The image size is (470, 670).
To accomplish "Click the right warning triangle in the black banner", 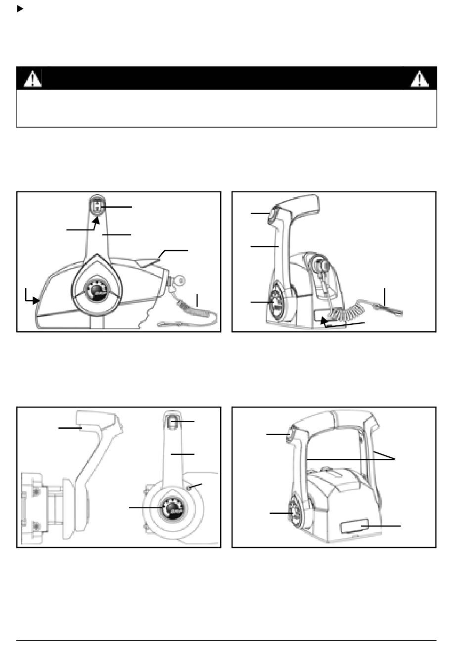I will click(420, 79).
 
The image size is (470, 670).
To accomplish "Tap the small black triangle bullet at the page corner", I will click(20, 8).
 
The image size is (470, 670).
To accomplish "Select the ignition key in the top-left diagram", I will click(179, 282).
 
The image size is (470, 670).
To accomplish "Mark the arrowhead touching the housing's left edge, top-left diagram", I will click(36, 300).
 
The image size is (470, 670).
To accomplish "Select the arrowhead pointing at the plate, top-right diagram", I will click(324, 321).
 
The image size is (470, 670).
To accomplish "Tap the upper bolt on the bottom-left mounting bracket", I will click(34, 491).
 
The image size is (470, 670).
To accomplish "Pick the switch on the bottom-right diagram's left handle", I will click(291, 434).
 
